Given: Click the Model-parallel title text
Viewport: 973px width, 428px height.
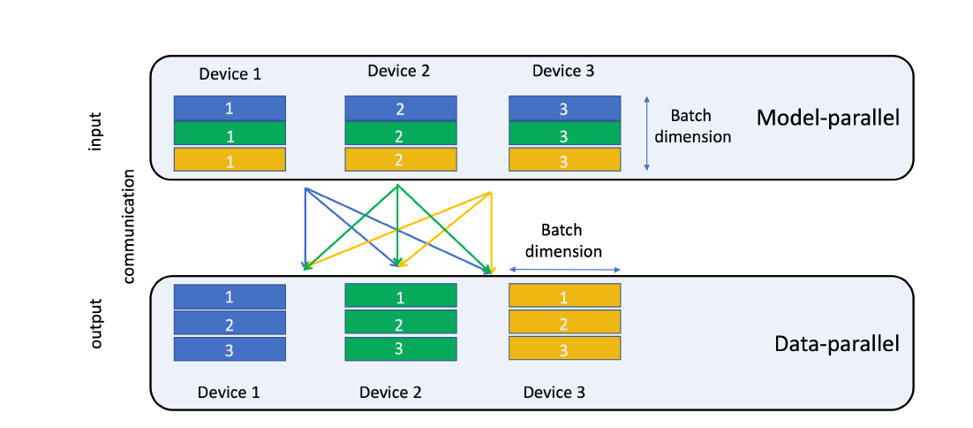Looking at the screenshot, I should click(x=827, y=118).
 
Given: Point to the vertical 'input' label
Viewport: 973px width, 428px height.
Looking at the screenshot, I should click(x=96, y=131).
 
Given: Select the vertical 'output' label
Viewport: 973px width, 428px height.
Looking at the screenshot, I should click(x=96, y=323).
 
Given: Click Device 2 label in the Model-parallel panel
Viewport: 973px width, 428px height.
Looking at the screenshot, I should click(x=398, y=71).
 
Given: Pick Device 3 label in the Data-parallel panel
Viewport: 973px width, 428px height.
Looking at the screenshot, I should click(x=554, y=392).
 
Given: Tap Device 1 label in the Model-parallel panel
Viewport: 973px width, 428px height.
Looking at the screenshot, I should click(x=230, y=74).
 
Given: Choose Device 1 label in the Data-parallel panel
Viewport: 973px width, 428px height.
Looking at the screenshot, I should click(x=229, y=392).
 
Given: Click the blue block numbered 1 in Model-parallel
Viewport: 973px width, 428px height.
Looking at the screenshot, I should click(x=230, y=108).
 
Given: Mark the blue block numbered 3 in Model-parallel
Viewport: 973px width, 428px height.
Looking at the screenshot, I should click(x=564, y=108).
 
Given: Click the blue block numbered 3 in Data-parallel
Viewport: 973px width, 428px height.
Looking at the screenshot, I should click(x=230, y=349).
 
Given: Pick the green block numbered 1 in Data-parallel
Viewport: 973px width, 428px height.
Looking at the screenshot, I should click(x=400, y=297).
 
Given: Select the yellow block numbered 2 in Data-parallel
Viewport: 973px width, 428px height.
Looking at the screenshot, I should click(x=564, y=324).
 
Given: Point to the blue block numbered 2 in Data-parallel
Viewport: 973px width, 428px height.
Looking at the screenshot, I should click(x=230, y=324).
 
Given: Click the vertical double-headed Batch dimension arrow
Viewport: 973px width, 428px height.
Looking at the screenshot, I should click(x=647, y=133).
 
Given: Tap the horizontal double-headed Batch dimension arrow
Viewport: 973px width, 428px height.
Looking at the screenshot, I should click(x=566, y=271).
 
